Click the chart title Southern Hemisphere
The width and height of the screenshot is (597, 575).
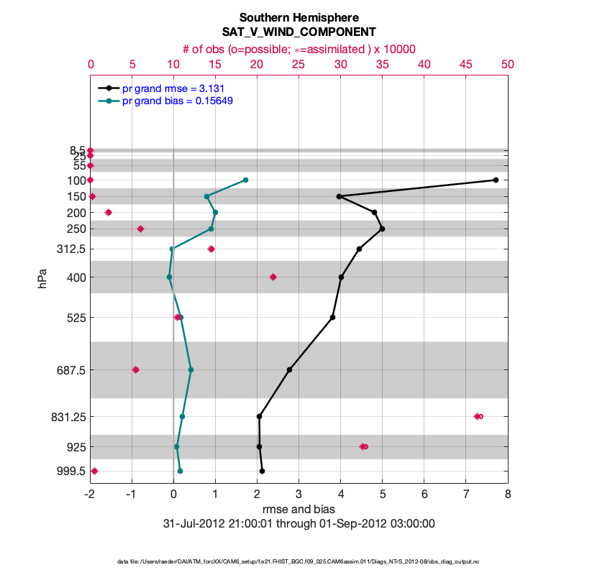[x=298, y=17]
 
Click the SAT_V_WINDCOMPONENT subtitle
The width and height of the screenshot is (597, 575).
[x=298, y=32]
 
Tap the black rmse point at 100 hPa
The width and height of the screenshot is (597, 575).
[x=496, y=180]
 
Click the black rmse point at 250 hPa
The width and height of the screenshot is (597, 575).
[x=382, y=229]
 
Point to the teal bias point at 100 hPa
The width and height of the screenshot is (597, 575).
[x=246, y=180]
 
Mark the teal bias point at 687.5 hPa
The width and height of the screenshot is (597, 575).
[x=191, y=369]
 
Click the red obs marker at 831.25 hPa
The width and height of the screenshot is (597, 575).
[x=478, y=416]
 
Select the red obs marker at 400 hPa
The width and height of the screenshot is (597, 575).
[x=273, y=277]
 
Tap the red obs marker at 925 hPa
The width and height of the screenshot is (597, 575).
[x=363, y=446]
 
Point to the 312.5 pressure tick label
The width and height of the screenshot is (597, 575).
[x=72, y=249]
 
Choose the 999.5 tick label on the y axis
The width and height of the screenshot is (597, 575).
[x=72, y=471]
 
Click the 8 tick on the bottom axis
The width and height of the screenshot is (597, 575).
[x=508, y=494]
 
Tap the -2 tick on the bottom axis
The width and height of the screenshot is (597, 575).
[x=90, y=494]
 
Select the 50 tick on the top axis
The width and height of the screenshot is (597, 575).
[x=508, y=64]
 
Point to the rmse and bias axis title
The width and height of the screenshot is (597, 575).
[x=298, y=509]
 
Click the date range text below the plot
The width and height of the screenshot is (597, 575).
[x=298, y=523]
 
